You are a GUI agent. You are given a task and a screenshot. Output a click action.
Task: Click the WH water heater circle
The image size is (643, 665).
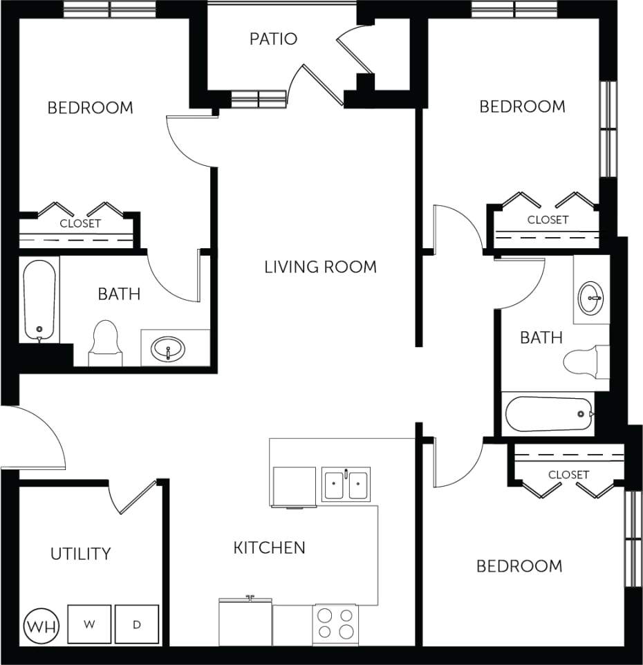coord(42,626)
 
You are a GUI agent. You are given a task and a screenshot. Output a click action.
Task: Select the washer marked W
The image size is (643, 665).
coord(89,624)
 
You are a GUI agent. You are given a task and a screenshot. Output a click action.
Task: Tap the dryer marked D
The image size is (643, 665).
coord(137,624)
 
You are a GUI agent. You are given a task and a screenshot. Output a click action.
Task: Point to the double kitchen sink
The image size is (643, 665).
coord(346,483)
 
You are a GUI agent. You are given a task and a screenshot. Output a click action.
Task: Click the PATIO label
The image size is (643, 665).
coord(273,39)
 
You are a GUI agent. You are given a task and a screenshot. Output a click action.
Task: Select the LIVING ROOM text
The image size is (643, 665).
coord(320,267)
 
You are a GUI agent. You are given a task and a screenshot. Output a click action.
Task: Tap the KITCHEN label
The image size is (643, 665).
coord(269,548)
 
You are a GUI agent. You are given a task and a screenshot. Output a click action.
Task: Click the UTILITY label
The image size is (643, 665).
coord(80,554)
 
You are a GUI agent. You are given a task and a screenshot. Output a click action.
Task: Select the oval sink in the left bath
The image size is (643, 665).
coord(168,347)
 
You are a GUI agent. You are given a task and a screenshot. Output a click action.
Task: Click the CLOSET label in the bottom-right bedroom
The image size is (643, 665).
coord(568,475)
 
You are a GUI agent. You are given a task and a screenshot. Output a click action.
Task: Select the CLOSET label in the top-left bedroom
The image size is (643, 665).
coord(80,223)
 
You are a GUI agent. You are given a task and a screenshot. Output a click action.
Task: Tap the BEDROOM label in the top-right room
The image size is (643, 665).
coord(522,106)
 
